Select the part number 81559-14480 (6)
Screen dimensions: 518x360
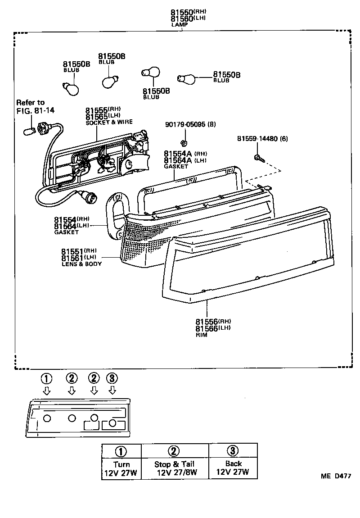point(262,139)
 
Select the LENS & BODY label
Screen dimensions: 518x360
point(81,264)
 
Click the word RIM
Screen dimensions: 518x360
point(202,335)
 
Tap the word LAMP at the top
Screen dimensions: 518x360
point(179,25)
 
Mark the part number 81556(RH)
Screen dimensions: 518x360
point(213,321)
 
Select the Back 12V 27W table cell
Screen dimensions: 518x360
point(233,468)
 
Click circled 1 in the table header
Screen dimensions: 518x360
point(121,451)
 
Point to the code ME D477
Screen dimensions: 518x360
point(335,476)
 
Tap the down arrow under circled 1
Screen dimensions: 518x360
point(46,391)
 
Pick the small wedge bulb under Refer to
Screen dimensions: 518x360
point(30,131)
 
